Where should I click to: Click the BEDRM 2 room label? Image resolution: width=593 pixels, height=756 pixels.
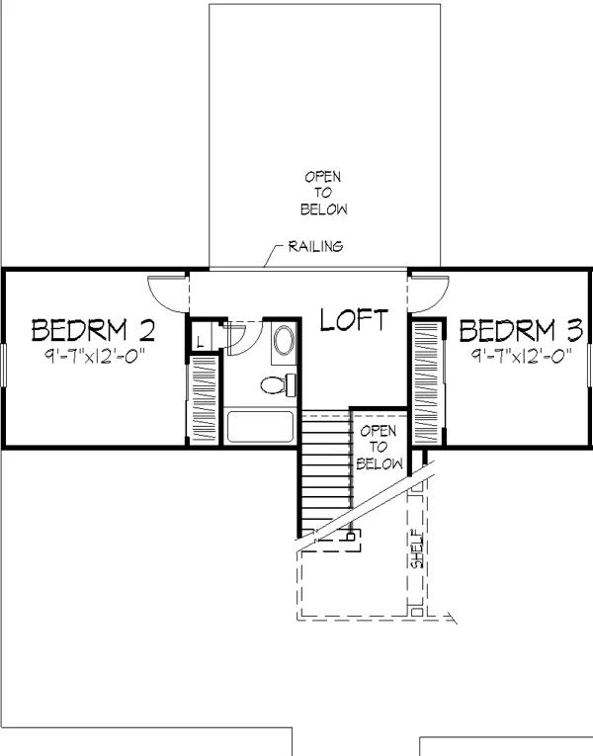coord(94,330)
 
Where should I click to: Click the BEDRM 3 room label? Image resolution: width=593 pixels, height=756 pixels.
coord(521,330)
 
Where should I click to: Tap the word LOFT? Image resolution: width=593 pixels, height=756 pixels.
coord(354,319)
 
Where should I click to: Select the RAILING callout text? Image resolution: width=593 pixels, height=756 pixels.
coord(316,246)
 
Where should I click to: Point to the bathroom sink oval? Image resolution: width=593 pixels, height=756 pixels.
coord(284,340)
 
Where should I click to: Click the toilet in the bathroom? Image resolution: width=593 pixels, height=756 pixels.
coord(278,384)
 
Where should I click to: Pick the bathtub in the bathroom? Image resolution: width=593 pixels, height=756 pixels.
coord(260,427)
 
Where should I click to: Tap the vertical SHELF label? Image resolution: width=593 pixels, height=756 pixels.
coord(417,549)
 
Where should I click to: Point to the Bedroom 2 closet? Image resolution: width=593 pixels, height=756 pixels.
coord(204,399)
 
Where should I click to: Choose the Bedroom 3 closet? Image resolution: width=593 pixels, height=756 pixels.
coord(426,382)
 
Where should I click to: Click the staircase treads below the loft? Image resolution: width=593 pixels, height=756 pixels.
coord(327,471)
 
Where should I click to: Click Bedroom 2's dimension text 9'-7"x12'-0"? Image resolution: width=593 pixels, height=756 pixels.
coord(95,356)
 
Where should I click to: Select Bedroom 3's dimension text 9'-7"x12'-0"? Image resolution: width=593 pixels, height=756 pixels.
coord(521,356)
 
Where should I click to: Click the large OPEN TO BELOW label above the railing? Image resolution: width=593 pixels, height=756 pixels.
coord(323,193)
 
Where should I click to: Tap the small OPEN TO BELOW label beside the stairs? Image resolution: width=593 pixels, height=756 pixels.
coord(379,447)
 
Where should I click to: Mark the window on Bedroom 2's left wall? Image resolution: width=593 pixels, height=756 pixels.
coord(3,365)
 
